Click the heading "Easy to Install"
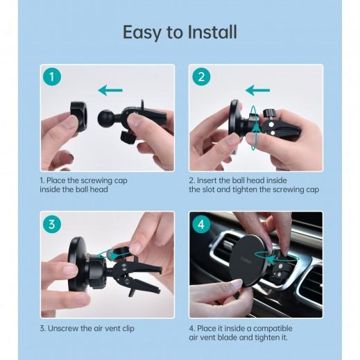click(180, 32)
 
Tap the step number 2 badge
click(200, 76)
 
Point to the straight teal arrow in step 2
click(259, 89)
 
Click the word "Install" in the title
click(208, 32)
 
